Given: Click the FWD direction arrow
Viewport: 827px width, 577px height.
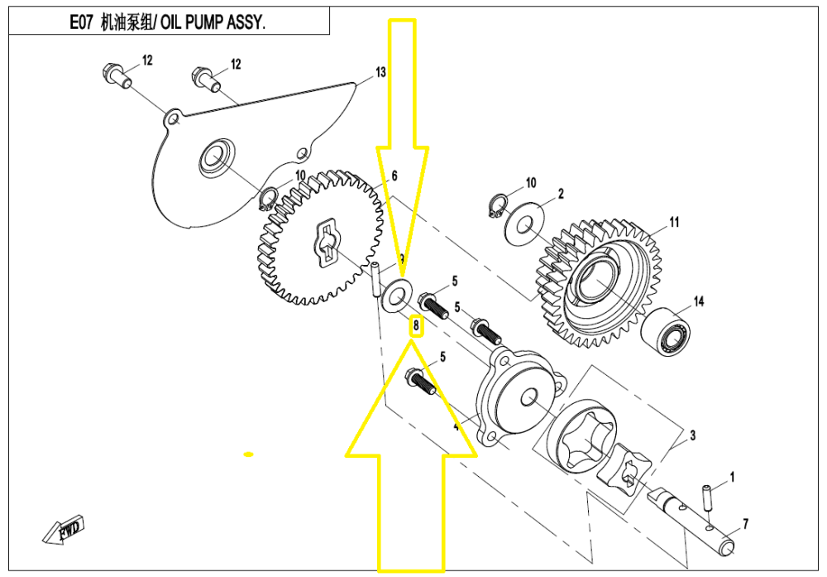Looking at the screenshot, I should point(64,530).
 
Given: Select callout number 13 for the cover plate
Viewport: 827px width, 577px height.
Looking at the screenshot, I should point(380,73).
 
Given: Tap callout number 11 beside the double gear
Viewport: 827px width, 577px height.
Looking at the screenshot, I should point(674,222).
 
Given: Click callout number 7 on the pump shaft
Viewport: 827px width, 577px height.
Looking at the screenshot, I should point(744,524).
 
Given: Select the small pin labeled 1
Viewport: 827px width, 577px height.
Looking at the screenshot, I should point(709,498).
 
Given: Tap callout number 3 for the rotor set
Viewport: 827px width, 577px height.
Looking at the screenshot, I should point(692,435).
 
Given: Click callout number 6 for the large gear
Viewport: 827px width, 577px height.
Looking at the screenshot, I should point(394,176).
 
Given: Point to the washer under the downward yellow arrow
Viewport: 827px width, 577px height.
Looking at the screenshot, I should point(400,291).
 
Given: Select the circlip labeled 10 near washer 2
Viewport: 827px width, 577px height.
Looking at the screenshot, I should point(497,208).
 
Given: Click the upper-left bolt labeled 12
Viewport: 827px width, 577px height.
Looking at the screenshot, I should point(115,74).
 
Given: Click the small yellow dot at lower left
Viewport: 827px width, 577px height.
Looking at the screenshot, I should point(247,454).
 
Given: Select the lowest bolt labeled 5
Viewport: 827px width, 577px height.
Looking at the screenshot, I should point(418,382).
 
